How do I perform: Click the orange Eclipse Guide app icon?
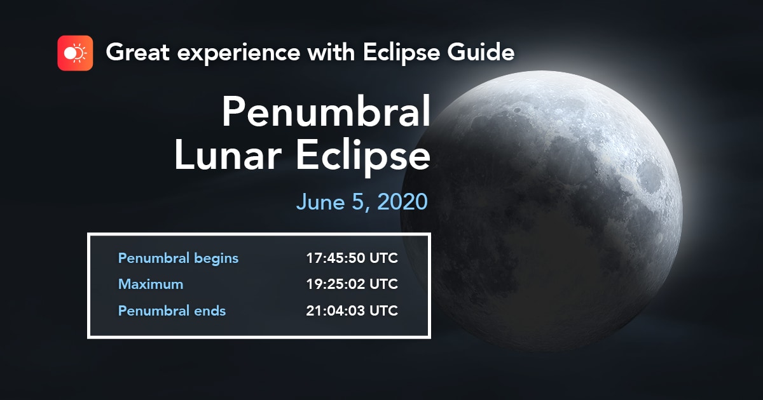point(75,53)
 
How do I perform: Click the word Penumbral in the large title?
point(326,112)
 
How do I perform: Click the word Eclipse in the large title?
point(363,156)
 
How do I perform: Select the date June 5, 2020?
point(362,202)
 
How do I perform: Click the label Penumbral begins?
point(178,258)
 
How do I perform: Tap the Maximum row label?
point(151,284)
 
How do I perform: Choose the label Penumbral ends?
point(172,311)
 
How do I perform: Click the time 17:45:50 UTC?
point(352,258)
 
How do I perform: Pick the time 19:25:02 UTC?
point(352,284)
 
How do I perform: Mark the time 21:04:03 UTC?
point(352,311)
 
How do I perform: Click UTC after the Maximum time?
point(384,284)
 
